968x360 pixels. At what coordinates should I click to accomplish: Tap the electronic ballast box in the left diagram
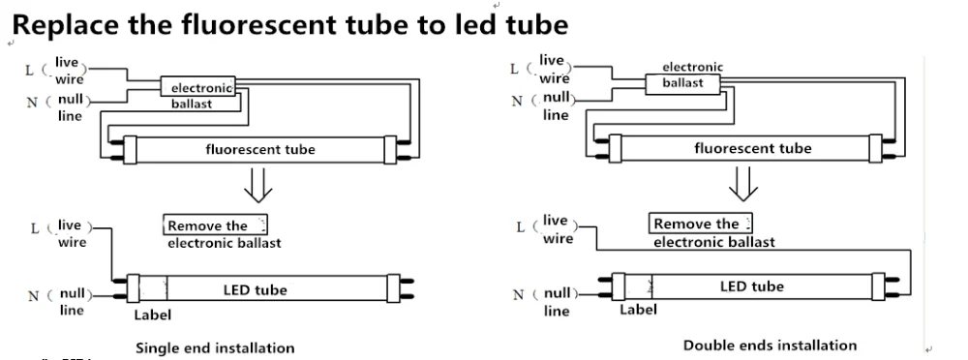click(198, 86)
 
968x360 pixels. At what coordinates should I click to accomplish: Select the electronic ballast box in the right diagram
click(683, 83)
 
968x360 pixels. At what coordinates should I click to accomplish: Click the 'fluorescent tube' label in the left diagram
click(259, 149)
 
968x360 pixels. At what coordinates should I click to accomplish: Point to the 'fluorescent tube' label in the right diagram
click(752, 148)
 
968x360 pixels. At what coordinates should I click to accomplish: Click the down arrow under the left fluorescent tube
click(258, 185)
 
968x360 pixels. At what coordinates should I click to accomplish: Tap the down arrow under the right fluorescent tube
click(743, 184)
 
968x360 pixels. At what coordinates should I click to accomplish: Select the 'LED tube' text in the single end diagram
click(255, 289)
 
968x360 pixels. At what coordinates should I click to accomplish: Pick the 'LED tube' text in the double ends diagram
click(752, 286)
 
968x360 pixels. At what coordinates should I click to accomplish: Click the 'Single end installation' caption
click(215, 348)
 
